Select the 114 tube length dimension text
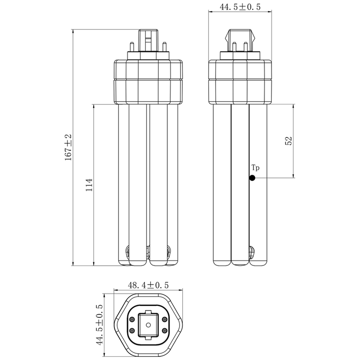[x=89, y=185]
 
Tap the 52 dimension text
[x=289, y=141]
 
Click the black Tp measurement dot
[x=252, y=178]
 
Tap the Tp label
[x=256, y=168]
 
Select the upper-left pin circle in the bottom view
[x=132, y=319]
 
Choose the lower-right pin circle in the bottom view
[x=164, y=331]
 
